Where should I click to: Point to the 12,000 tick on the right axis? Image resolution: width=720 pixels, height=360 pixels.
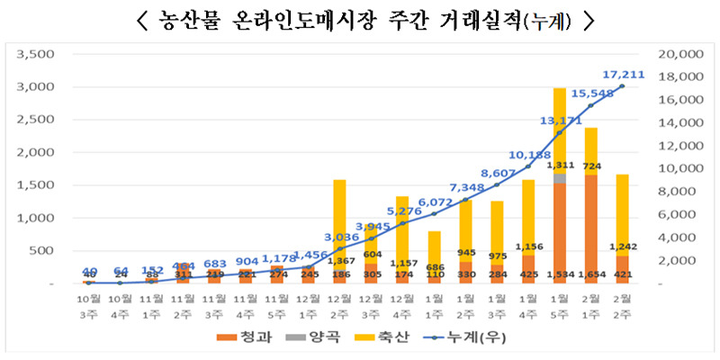click(681, 146)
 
